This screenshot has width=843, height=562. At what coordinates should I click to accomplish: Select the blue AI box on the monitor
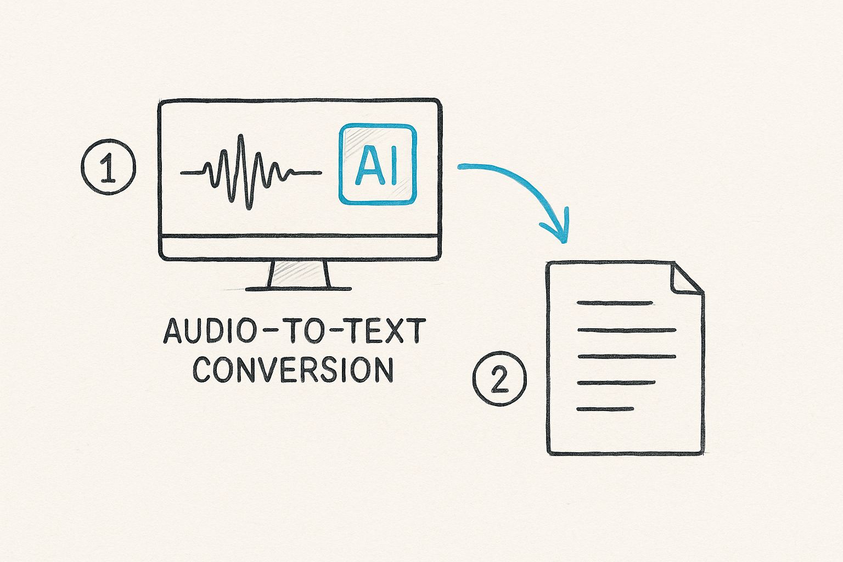click(377, 165)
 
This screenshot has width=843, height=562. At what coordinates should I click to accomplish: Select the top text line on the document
click(615, 303)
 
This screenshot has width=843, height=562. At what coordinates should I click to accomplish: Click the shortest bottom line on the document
click(605, 409)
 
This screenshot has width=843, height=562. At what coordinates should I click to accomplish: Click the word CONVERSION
click(294, 370)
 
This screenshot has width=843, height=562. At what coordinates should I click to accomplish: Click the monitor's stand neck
click(300, 274)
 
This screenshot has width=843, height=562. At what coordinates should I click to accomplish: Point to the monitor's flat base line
click(299, 288)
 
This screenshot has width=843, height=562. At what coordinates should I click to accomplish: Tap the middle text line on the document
click(626, 356)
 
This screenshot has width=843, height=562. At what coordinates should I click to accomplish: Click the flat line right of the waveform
click(304, 173)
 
